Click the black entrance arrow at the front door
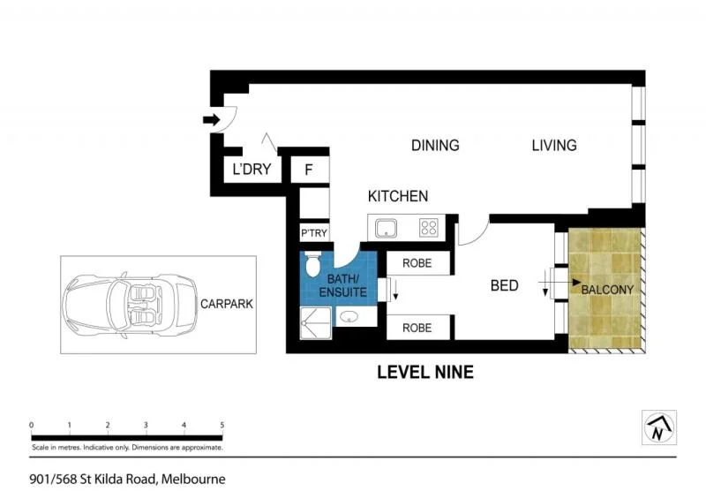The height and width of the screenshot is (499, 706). tap(212, 119)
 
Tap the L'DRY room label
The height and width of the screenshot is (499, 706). tap(251, 170)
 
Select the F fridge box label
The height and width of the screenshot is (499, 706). tap(310, 170)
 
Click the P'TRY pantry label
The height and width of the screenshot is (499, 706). tap(314, 233)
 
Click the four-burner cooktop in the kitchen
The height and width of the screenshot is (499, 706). tap(429, 229)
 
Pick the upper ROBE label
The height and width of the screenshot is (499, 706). tap(417, 262)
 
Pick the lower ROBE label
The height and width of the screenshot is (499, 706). tap(417, 327)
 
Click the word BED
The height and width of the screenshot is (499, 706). tap(504, 286)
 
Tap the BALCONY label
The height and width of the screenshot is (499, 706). tap(607, 290)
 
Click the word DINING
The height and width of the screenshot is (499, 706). tap(435, 146)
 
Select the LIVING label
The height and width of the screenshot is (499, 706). tap(553, 146)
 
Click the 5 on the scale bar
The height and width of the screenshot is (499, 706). tap(222, 426)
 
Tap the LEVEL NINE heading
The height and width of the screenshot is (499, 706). tap(424, 373)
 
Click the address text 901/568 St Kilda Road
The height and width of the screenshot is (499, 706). tap(127, 480)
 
